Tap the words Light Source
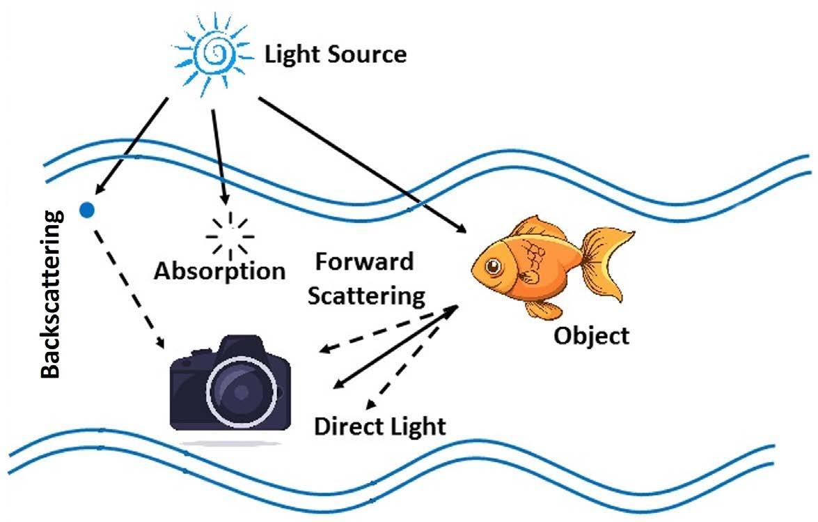335,54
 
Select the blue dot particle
87,208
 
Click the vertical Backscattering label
51,293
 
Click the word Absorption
220,270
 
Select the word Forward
364,263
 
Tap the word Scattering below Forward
366,295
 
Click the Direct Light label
379,425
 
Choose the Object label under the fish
591,336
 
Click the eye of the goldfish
494,266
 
